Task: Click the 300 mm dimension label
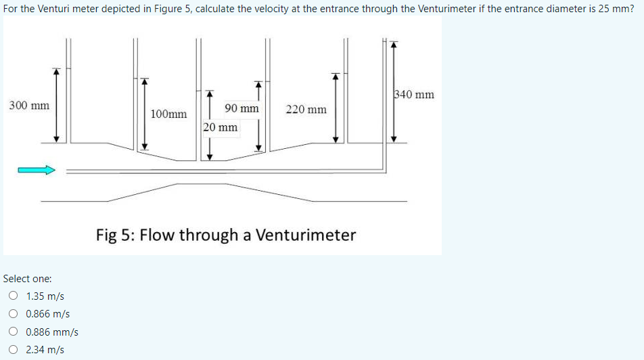pyautogui.click(x=29, y=106)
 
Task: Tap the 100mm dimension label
pyautogui.click(x=168, y=114)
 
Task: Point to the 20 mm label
pyautogui.click(x=221, y=127)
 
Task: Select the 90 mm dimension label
pyautogui.click(x=241, y=108)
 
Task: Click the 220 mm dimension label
pyautogui.click(x=306, y=109)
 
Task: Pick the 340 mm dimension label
pyautogui.click(x=413, y=94)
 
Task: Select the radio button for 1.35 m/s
pyautogui.click(x=14, y=296)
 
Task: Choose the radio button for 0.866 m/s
pyautogui.click(x=14, y=314)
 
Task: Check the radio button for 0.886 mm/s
pyautogui.click(x=14, y=332)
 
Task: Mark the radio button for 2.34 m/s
pyautogui.click(x=14, y=350)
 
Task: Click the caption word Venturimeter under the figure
pyautogui.click(x=305, y=235)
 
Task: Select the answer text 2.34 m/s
pyautogui.click(x=45, y=350)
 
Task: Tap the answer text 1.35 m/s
pyautogui.click(x=45, y=296)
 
